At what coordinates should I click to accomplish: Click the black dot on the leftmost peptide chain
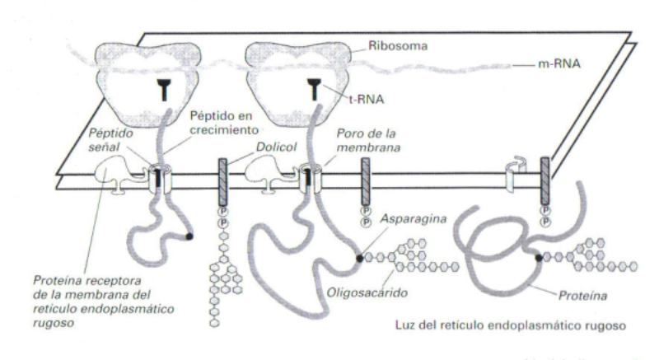pyautogui.click(x=190, y=236)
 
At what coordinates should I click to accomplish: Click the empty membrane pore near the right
pyautogui.click(x=512, y=175)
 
